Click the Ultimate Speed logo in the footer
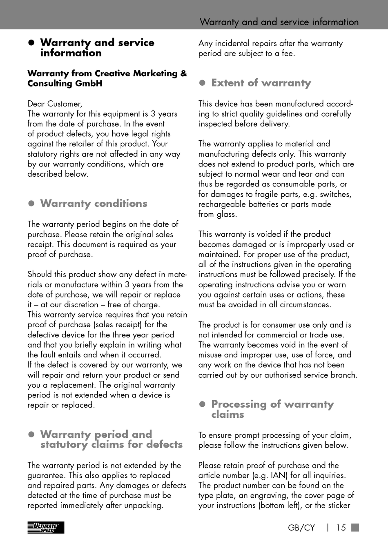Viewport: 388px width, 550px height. tap(46, 528)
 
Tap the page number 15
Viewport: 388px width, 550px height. tap(341, 528)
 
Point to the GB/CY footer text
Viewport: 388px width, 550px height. tap(301, 528)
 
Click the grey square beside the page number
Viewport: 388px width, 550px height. tap(355, 527)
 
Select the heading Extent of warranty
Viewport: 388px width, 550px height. tap(261, 83)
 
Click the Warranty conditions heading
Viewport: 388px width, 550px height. tap(94, 203)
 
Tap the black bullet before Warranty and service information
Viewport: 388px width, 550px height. tap(31, 43)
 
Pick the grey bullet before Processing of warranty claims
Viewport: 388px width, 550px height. tap(202, 404)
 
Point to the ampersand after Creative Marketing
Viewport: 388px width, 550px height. tap(183, 73)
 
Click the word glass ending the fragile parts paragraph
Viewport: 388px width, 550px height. tap(226, 214)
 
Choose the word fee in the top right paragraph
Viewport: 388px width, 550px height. tap(288, 53)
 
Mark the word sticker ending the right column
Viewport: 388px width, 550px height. tap(339, 506)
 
